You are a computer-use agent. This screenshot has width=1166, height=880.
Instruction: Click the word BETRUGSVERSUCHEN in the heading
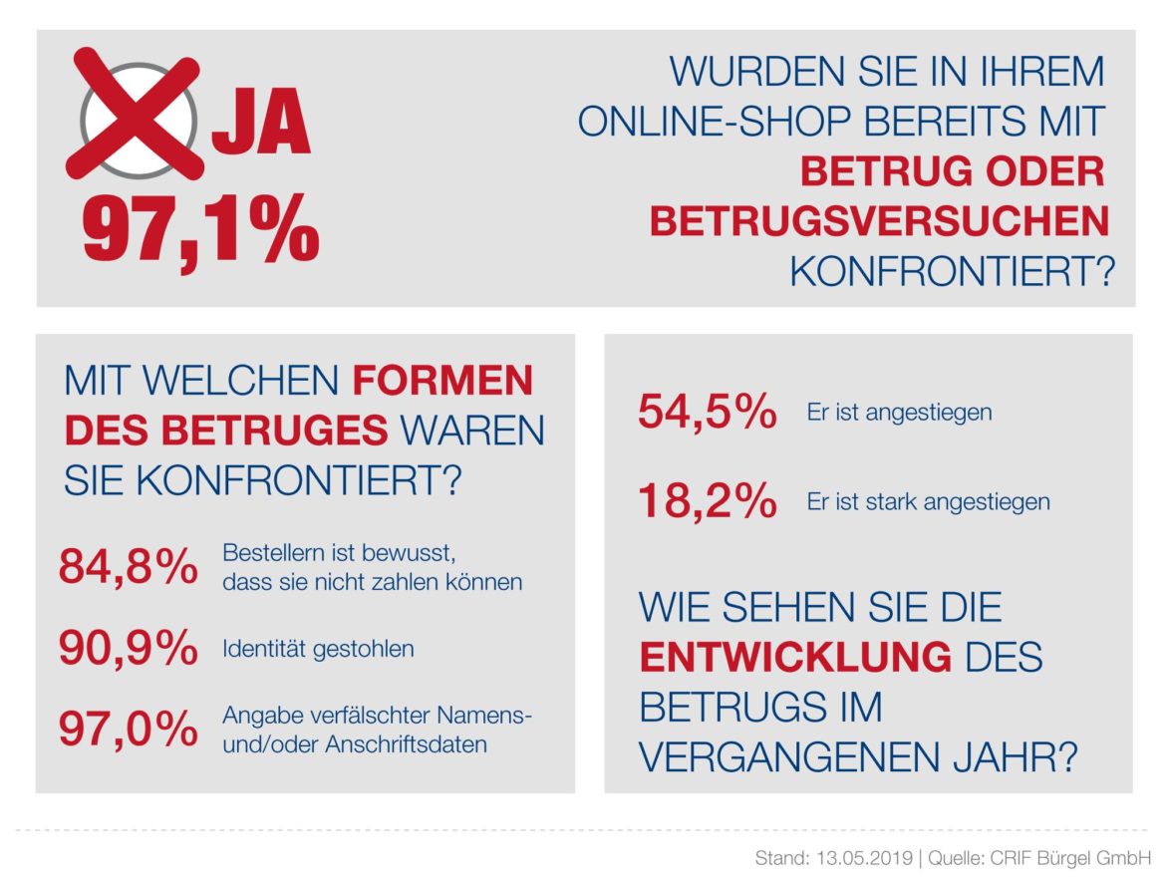point(879,221)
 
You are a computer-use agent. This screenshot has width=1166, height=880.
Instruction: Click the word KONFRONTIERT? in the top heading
point(952,271)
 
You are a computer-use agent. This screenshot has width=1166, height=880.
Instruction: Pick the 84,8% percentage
point(128,568)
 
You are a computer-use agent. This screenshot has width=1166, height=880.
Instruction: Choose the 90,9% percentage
point(128,649)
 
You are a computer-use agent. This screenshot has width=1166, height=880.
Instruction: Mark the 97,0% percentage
point(128,731)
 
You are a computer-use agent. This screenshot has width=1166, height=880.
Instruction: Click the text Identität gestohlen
point(318,650)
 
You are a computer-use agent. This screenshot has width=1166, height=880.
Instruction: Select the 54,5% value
point(707,413)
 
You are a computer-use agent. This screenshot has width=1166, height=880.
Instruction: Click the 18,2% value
point(707,501)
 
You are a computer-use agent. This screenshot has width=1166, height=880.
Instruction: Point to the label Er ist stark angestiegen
point(928,501)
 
